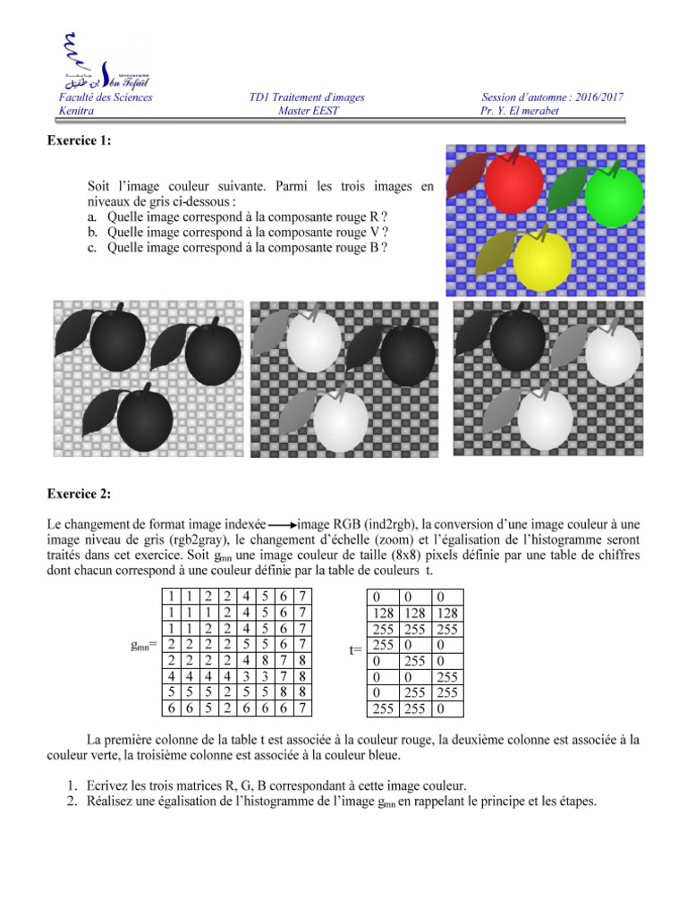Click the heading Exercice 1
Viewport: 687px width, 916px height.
[80, 140]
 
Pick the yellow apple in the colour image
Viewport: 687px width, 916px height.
[542, 260]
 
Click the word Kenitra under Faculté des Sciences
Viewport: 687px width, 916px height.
[76, 111]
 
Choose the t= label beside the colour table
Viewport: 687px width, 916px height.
[356, 651]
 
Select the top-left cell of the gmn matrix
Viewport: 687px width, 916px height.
[168, 595]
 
